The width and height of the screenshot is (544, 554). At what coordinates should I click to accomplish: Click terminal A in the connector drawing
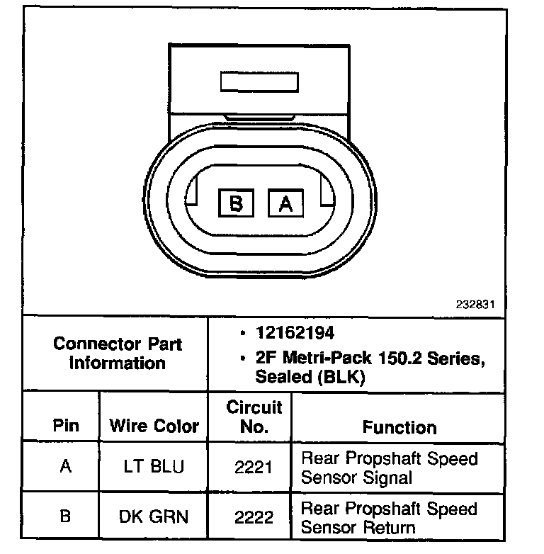tap(285, 203)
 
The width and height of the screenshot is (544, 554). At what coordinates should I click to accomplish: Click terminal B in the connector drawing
tap(237, 203)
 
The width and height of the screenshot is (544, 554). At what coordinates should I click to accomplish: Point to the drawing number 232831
tap(475, 304)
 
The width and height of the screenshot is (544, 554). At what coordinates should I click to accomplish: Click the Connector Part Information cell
tap(118, 354)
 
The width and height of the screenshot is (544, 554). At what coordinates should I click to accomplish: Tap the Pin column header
tap(66, 426)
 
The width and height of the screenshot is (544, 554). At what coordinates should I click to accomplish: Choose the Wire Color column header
tap(154, 426)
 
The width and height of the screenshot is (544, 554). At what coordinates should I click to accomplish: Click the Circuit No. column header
tap(254, 417)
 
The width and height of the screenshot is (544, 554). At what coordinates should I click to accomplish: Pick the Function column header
tap(399, 426)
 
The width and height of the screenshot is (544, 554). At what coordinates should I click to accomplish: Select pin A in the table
tap(66, 468)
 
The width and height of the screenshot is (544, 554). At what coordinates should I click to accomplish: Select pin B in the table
tap(66, 516)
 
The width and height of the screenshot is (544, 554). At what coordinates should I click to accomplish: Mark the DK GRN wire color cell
tap(154, 516)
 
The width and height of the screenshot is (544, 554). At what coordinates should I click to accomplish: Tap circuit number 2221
tap(254, 468)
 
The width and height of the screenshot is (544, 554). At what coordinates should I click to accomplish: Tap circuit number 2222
tap(254, 516)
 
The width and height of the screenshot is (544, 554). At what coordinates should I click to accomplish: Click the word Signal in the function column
tap(387, 477)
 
